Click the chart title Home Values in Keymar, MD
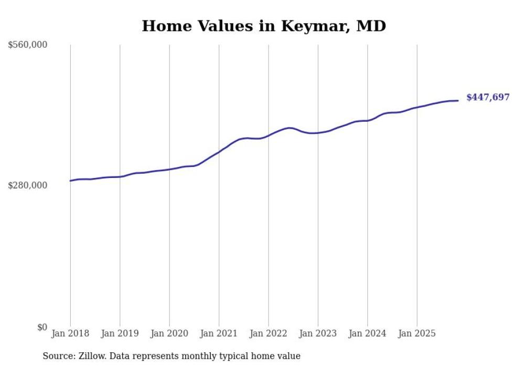264,26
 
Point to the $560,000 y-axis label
28,45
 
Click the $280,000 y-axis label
28,185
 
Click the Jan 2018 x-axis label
70,333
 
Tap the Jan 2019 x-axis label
120,333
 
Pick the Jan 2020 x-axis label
169,333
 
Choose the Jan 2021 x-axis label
219,333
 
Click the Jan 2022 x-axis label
269,333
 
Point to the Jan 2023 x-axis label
318,333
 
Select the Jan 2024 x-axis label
368,333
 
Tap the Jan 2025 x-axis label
417,333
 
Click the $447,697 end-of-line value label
488,97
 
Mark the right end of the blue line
458,100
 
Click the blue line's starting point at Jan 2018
70,181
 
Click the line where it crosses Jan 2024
368,120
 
